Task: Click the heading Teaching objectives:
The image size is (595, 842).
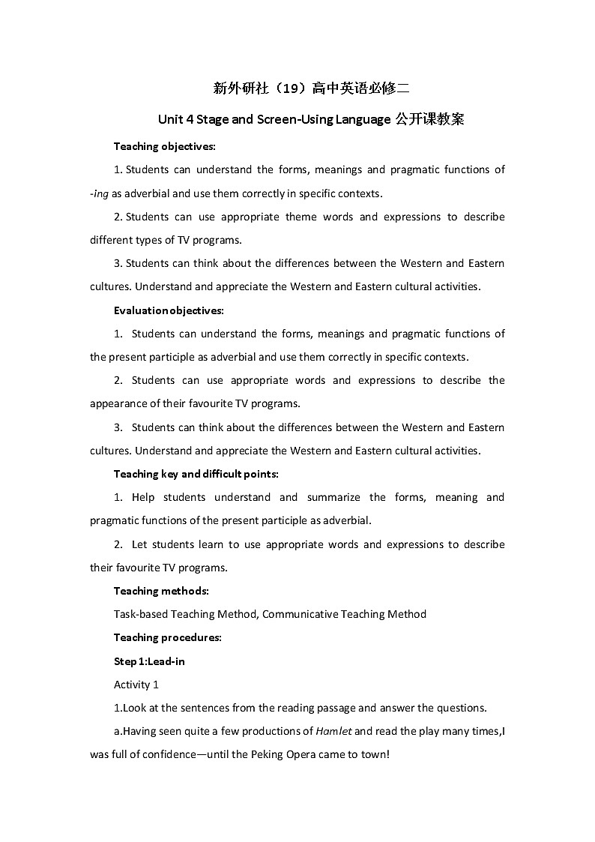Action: tap(165, 146)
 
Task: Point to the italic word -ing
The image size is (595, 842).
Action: tap(100, 193)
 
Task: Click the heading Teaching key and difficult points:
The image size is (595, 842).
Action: tap(196, 474)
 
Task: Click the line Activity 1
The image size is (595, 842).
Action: tap(136, 685)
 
